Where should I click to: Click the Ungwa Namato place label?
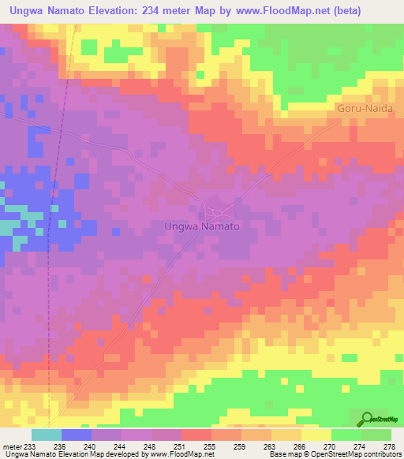point(201,226)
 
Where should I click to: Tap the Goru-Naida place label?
point(368,108)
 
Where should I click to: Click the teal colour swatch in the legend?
point(47,435)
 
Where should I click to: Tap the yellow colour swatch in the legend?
point(316,435)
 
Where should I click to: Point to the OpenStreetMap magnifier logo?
point(368,419)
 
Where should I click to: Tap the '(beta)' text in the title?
point(382,9)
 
